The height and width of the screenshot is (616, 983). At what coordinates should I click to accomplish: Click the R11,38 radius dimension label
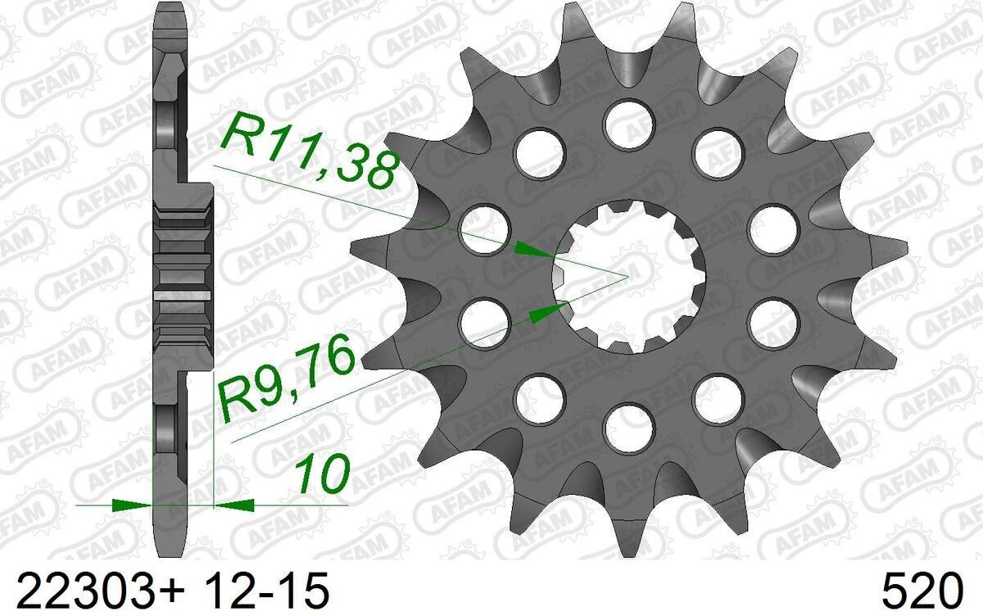pos(310,152)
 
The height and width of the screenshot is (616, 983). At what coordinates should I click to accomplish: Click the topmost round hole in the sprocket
pos(629,124)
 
